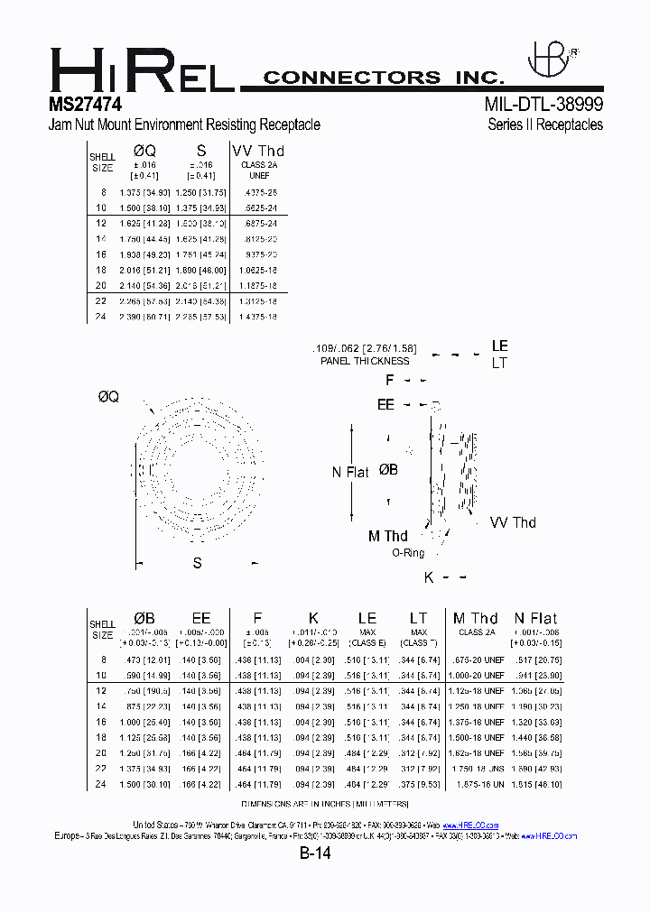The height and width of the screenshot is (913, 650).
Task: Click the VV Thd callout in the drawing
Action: (512, 522)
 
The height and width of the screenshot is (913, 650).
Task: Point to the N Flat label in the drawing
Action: (350, 472)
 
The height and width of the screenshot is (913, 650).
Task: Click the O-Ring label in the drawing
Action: (409, 553)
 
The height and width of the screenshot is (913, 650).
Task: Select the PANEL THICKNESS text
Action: (365, 361)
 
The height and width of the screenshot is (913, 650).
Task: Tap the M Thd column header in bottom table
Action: (476, 618)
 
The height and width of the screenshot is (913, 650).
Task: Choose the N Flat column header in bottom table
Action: (535, 618)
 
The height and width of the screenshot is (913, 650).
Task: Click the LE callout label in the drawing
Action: (499, 346)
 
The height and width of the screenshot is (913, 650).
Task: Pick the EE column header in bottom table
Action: (200, 618)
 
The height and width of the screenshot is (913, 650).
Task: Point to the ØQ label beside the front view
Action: (107, 397)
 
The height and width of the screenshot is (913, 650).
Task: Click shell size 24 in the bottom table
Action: (102, 784)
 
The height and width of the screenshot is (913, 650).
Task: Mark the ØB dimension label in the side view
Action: (388, 469)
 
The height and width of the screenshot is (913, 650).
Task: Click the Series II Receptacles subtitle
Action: (545, 125)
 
